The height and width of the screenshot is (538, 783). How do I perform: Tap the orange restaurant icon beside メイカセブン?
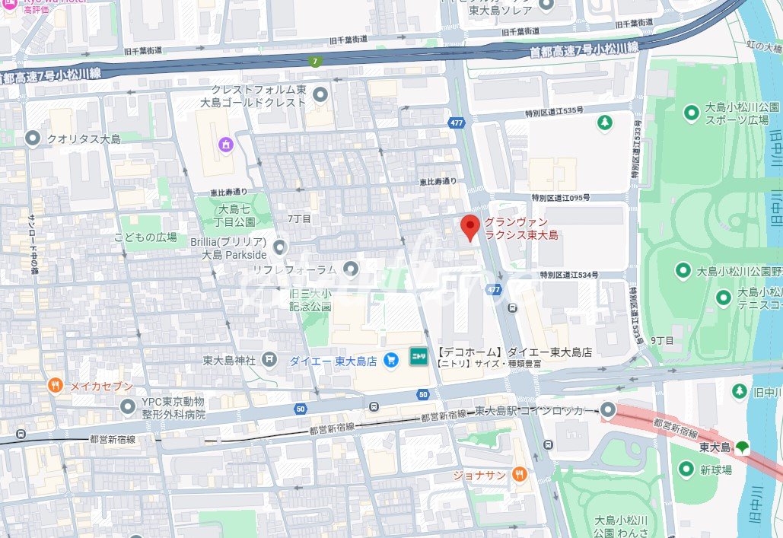tap(55, 386)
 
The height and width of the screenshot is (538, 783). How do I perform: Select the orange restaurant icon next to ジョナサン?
tap(519, 474)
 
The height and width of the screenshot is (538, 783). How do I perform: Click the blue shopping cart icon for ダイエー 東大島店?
tap(392, 360)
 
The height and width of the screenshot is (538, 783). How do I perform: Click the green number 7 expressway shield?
tap(314, 61)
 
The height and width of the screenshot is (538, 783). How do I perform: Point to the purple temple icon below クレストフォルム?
tap(224, 144)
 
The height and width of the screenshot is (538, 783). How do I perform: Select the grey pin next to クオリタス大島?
tap(32, 138)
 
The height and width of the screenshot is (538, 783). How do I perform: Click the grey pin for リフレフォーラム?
tap(350, 269)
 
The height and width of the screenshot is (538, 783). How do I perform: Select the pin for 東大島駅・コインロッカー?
tap(608, 410)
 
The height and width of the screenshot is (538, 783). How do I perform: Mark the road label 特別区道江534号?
tap(568, 275)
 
